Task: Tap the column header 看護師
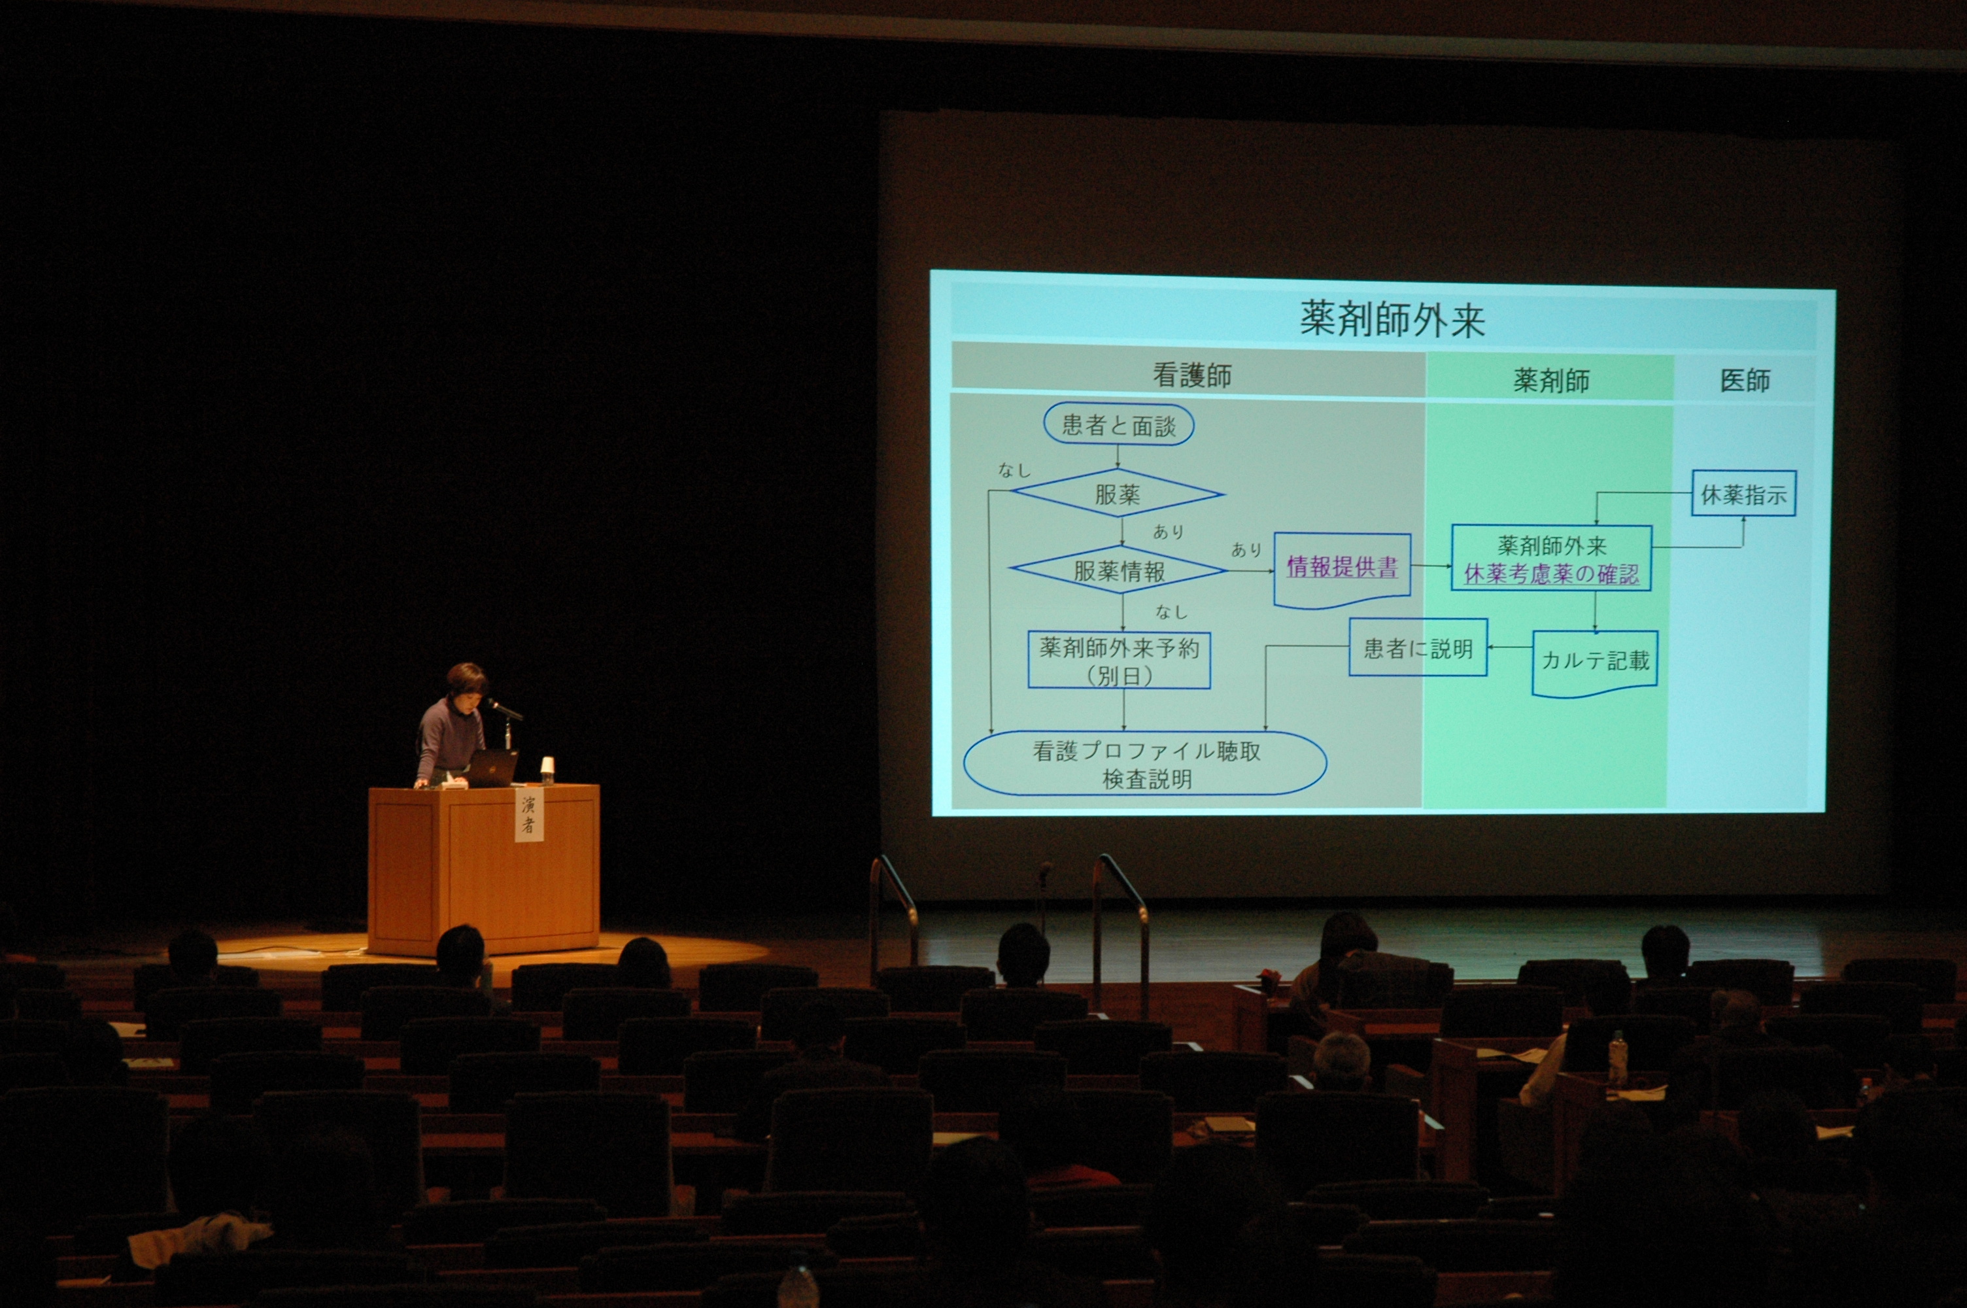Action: [x=1191, y=375]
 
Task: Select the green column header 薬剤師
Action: [x=1551, y=381]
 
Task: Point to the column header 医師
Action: [x=1745, y=381]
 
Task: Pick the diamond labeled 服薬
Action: [x=1118, y=494]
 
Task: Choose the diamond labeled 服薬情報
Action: [x=1118, y=570]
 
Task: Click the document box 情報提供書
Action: [x=1342, y=570]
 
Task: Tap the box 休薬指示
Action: [x=1743, y=494]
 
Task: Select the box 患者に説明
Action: [x=1418, y=647]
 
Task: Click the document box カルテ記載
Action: [x=1594, y=663]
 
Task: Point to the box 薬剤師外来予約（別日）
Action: [x=1119, y=660]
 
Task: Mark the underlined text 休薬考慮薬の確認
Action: [x=1551, y=575]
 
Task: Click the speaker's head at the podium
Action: [x=466, y=682]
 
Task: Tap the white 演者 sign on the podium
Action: [x=528, y=814]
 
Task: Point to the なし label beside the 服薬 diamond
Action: [x=1014, y=470]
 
